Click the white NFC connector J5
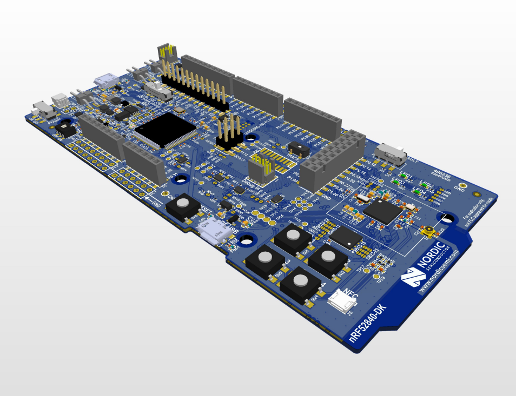pos(341,300)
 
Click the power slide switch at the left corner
pos(43,109)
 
